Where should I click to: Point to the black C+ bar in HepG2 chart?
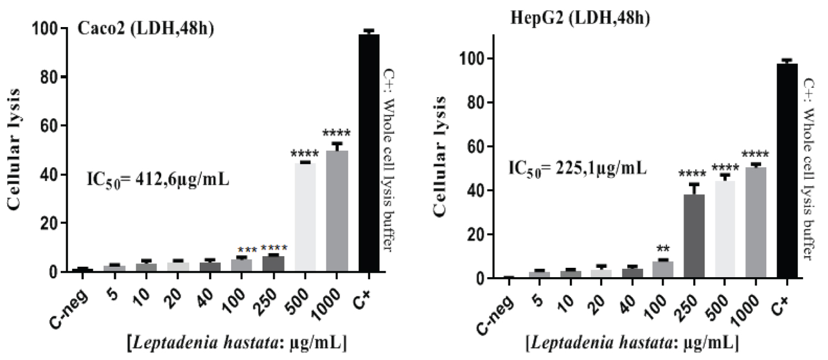pyautogui.click(x=787, y=171)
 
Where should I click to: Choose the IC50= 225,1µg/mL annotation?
pyautogui.click(x=577, y=167)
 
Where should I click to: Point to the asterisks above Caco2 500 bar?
pyautogui.click(x=305, y=152)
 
